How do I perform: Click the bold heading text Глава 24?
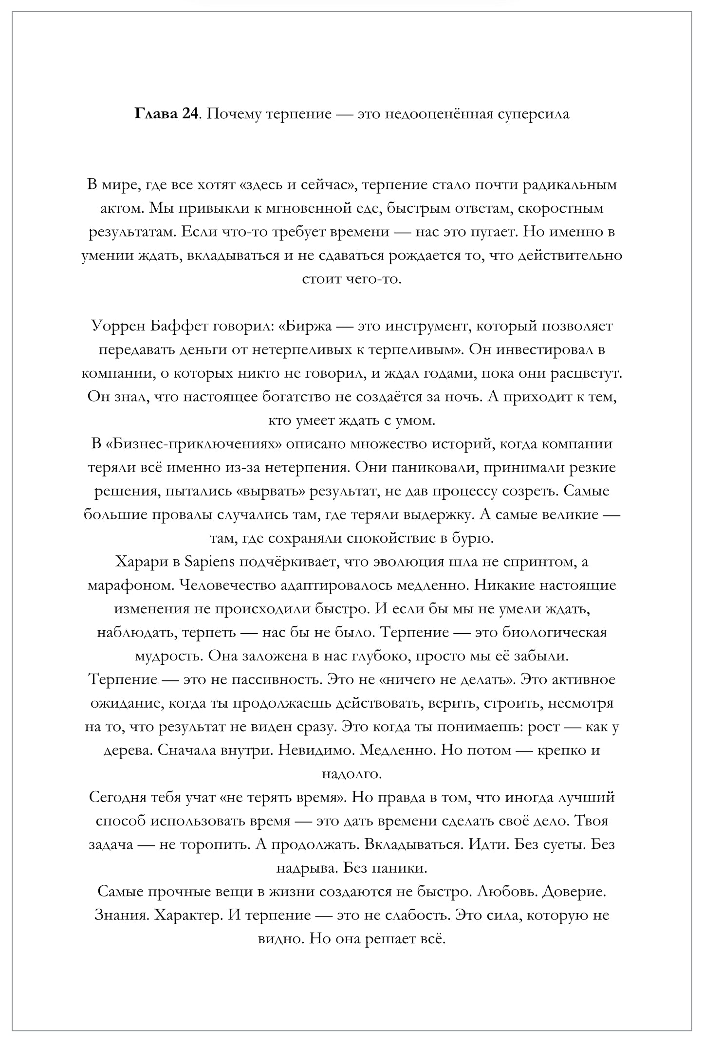[166, 114]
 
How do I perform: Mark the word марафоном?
[129, 585]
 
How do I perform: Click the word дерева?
[128, 750]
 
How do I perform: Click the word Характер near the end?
[187, 915]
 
